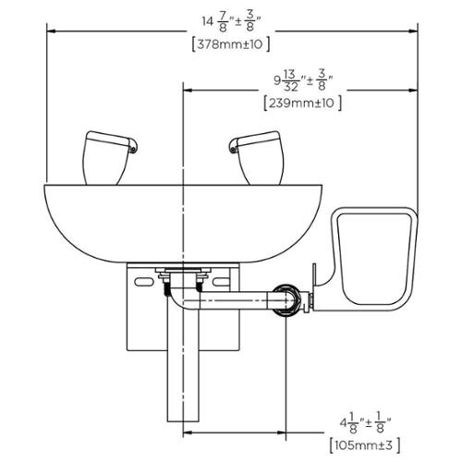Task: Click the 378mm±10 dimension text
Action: tap(231, 44)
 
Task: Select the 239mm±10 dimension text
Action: tap(303, 103)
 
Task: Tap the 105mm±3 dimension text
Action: tap(365, 444)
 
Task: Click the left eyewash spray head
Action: tap(109, 158)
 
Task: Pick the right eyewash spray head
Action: tap(257, 158)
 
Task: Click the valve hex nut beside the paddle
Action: tap(287, 300)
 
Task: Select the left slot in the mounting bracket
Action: tap(144, 282)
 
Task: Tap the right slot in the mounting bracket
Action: tap(221, 282)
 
